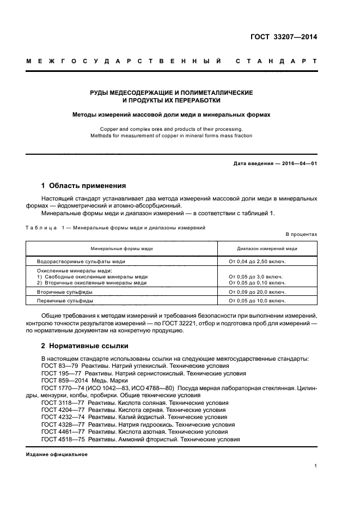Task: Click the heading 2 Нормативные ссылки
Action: click(84, 346)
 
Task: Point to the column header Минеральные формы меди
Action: click(121, 248)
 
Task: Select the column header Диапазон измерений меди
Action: click(267, 248)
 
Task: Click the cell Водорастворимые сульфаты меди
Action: click(81, 262)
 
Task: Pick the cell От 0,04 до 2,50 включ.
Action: click(257, 262)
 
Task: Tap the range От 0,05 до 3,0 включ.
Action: click(255, 277)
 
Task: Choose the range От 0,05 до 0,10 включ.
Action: click(257, 283)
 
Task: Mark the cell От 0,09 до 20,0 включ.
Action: click(257, 292)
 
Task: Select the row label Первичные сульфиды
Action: click(64, 301)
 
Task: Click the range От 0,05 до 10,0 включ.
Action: click(257, 301)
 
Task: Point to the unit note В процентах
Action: click(301, 234)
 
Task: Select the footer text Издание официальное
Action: click(57, 454)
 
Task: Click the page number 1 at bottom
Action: click(315, 466)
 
